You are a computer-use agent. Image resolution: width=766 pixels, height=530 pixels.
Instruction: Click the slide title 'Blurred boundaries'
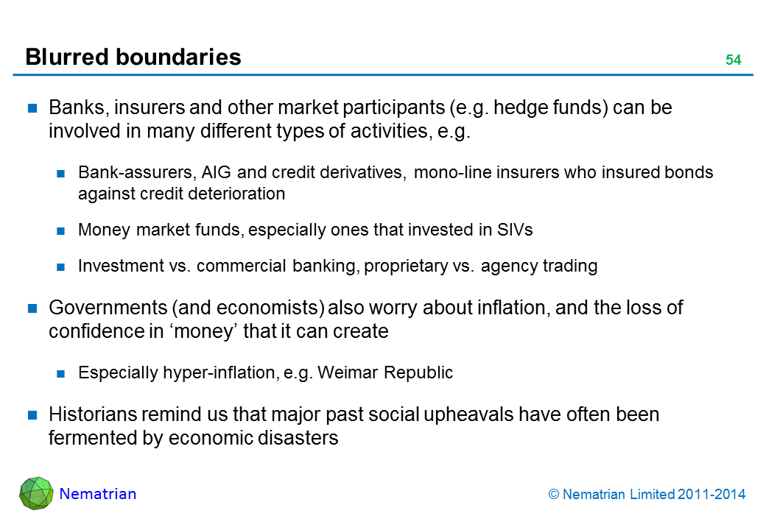(x=133, y=57)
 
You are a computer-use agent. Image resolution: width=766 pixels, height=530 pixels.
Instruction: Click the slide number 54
(x=733, y=60)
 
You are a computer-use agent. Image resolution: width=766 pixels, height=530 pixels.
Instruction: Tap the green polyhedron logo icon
(x=36, y=494)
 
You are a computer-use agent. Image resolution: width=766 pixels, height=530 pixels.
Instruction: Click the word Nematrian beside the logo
(x=98, y=494)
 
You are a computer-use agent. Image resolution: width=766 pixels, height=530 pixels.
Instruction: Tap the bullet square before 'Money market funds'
(x=63, y=231)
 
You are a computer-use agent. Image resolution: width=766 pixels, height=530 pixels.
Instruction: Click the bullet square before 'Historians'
(x=33, y=416)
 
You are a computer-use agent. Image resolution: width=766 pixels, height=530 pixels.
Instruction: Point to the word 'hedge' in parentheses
(x=514, y=108)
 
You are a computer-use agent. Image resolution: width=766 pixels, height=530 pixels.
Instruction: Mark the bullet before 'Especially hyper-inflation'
(x=63, y=374)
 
